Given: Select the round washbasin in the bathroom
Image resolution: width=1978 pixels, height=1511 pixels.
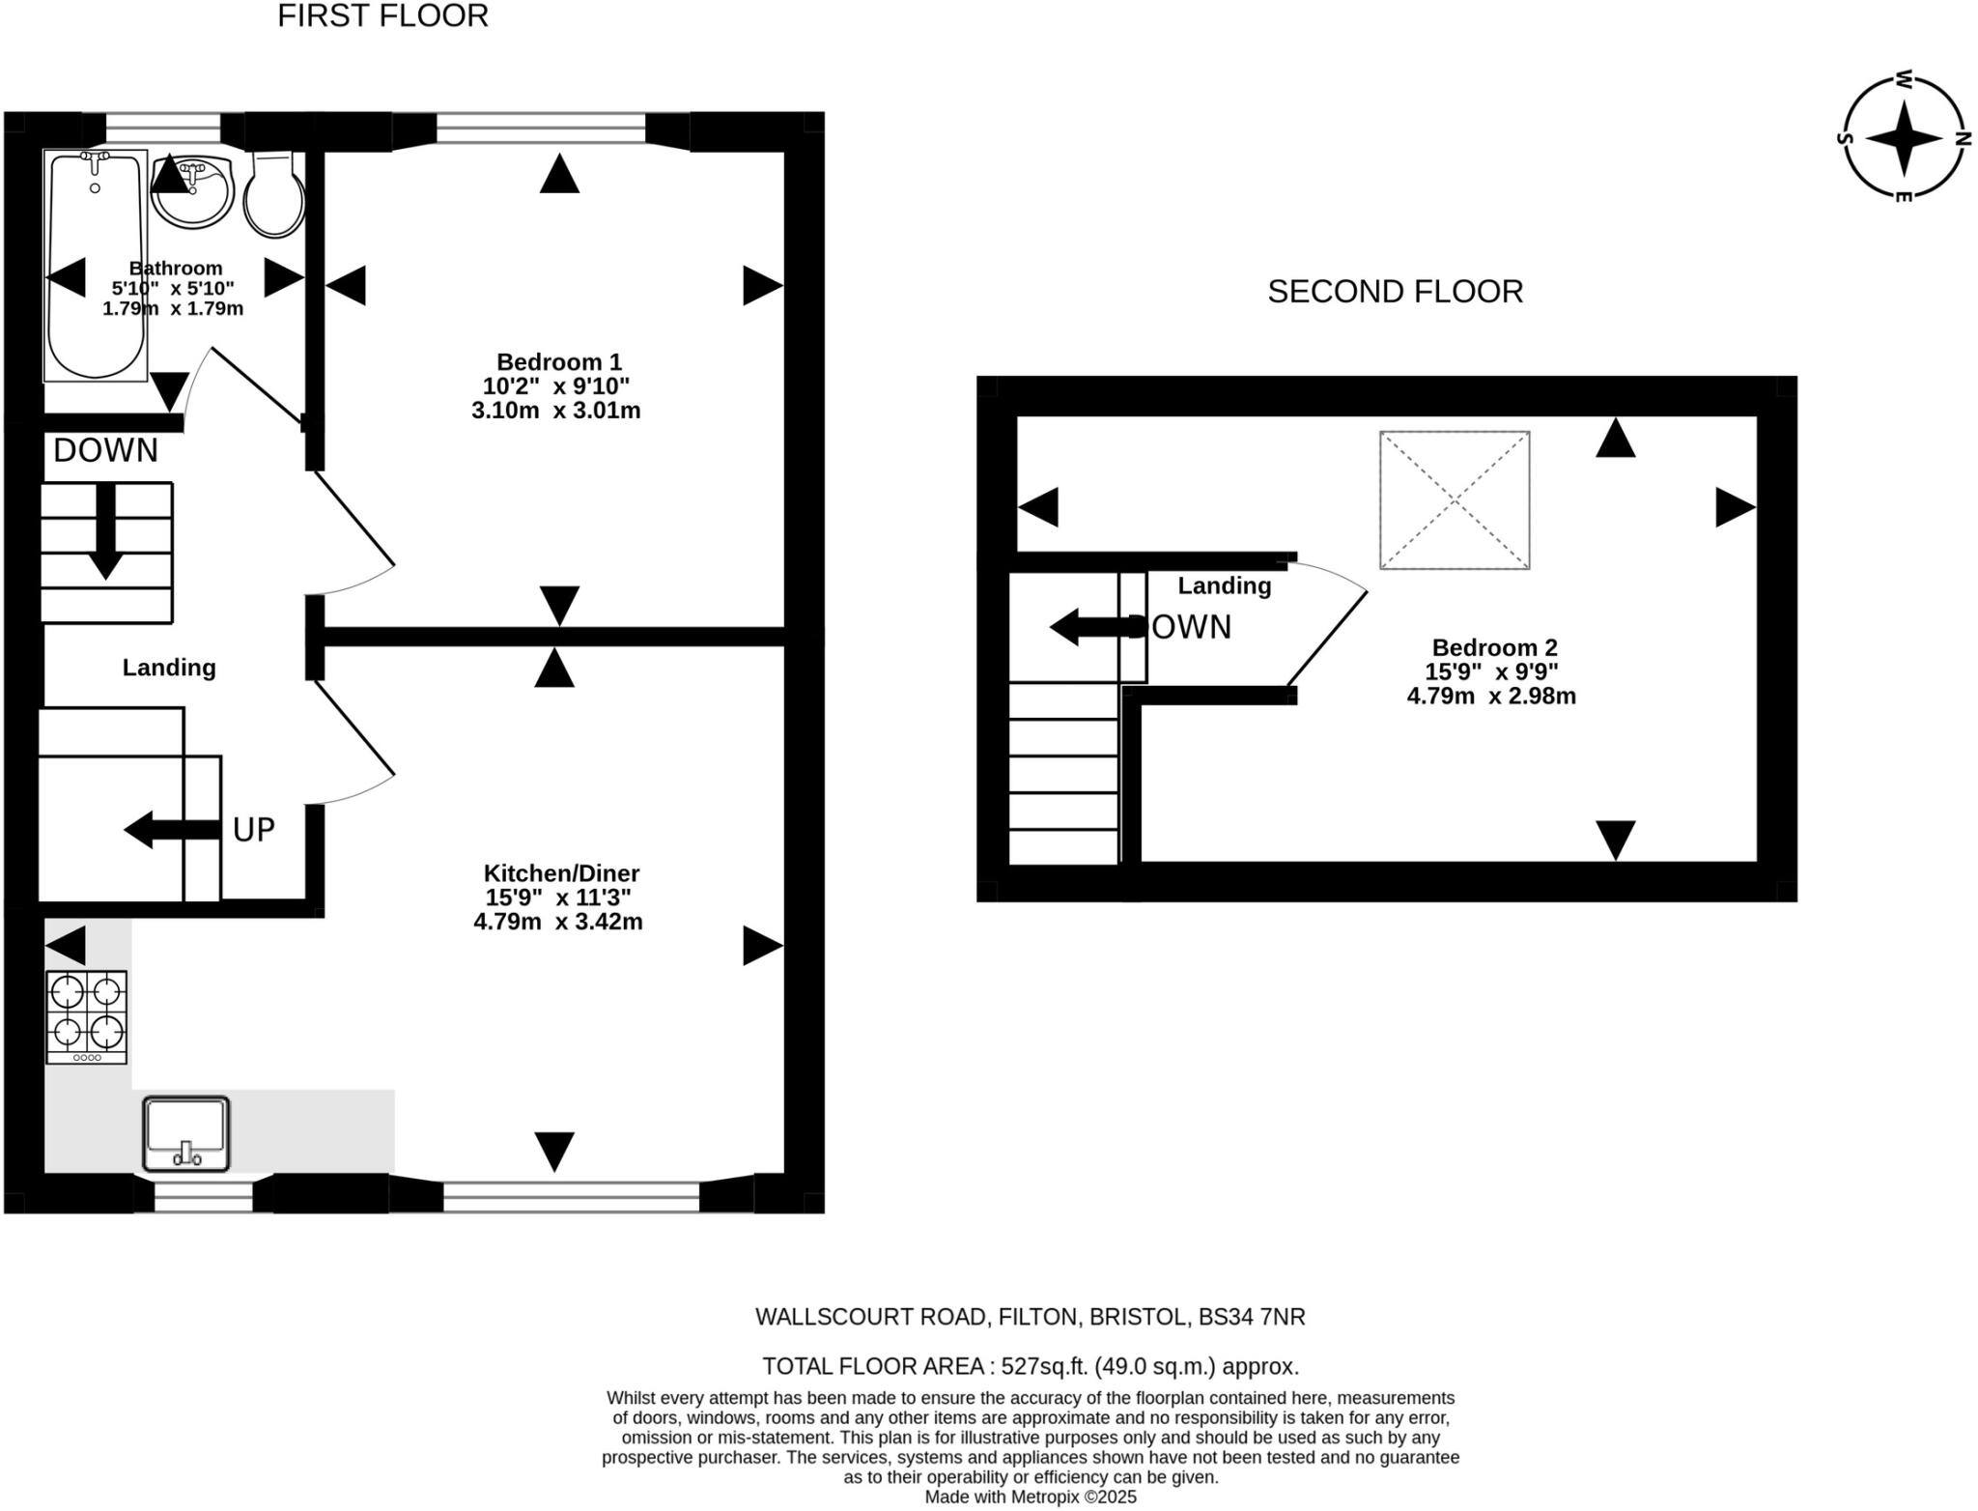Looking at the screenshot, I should pyautogui.click(x=193, y=192).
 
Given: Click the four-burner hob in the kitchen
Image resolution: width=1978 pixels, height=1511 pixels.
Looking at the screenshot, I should pyautogui.click(x=86, y=1016).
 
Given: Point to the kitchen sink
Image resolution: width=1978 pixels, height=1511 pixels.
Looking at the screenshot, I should pyautogui.click(x=186, y=1133).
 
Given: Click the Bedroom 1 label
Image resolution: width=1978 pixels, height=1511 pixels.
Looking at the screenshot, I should pyautogui.click(x=558, y=362).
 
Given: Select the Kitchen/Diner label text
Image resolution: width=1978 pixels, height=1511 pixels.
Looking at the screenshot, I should pyautogui.click(x=561, y=873).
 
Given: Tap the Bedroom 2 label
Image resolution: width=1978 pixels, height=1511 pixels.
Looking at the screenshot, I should pyautogui.click(x=1493, y=647).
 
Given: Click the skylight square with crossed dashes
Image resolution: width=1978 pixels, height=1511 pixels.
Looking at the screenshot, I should pyautogui.click(x=1454, y=499).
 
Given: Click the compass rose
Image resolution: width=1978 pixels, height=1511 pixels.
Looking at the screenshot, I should pyautogui.click(x=1902, y=139).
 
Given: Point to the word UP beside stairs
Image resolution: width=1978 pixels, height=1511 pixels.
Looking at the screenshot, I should pyautogui.click(x=254, y=830).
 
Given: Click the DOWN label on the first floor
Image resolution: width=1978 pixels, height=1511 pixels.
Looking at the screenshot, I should pyautogui.click(x=105, y=450).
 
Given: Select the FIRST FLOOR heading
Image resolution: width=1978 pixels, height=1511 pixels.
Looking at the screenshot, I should pyautogui.click(x=382, y=16).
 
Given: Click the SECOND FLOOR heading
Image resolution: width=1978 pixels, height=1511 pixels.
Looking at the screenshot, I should pyautogui.click(x=1395, y=292).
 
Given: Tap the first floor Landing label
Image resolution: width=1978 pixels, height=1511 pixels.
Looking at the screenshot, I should pyautogui.click(x=169, y=668).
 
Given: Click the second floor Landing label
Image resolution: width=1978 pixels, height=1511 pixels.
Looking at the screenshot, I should pyautogui.click(x=1224, y=585).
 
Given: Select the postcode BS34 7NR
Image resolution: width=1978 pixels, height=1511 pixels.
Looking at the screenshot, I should pyautogui.click(x=1251, y=1317).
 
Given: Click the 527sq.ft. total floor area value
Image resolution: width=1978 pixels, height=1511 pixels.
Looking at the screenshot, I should pyautogui.click(x=1044, y=1366).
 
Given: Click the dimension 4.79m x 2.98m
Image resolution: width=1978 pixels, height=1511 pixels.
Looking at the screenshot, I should pyautogui.click(x=1490, y=696).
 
